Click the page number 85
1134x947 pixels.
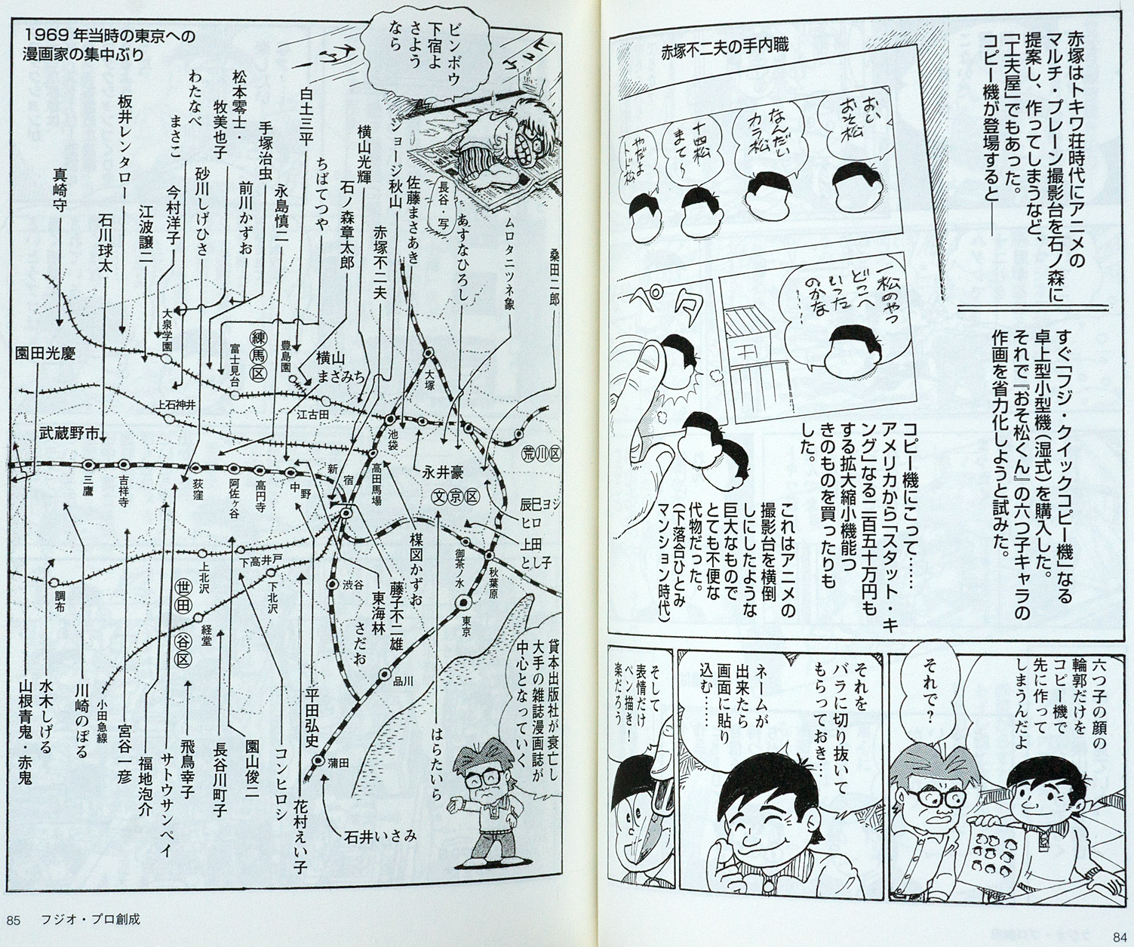click(x=12, y=919)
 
